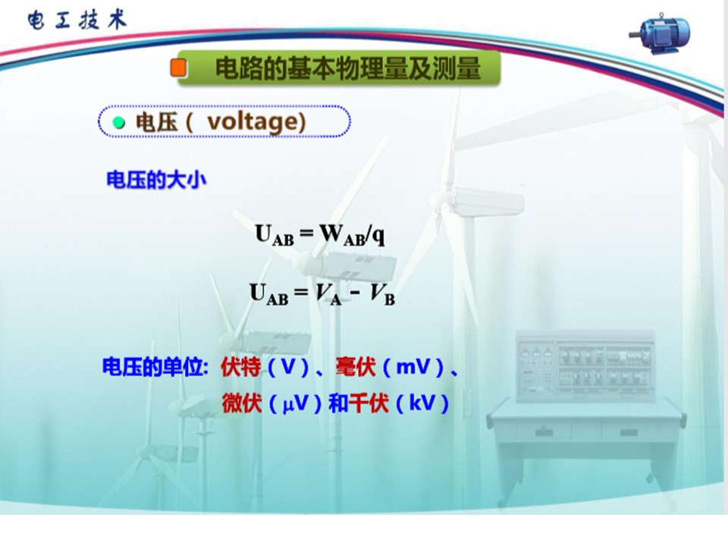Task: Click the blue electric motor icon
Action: point(661,34)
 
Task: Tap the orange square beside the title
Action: point(178,67)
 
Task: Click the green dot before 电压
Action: point(119,123)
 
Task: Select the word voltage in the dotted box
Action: point(252,122)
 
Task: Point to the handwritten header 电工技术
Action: point(77,20)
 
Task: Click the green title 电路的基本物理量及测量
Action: point(348,68)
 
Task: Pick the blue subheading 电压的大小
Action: point(156,180)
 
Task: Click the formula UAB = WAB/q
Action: point(320,234)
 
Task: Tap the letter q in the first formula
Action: point(379,236)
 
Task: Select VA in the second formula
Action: point(328,293)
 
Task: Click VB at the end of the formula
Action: point(382,294)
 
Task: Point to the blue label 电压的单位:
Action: point(155,367)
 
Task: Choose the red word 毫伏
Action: point(355,367)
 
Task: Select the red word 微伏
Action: point(241,403)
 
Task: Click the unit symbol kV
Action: point(422,403)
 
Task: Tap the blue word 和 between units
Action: point(338,403)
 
